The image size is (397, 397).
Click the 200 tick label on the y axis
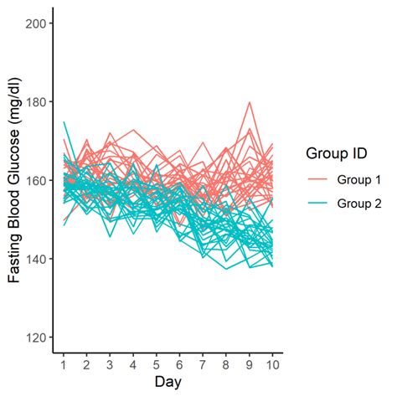pos(36,23)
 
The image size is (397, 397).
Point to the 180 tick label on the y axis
pos(36,102)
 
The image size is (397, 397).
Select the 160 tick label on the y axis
pos(36,180)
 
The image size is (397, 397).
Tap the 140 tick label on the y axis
pos(36,259)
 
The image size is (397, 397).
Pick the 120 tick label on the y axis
pos(36,338)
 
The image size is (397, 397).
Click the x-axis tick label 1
pos(63,366)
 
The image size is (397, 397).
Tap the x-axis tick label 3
pos(110,366)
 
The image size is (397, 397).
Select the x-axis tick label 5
pos(156,366)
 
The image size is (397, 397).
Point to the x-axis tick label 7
pos(203,366)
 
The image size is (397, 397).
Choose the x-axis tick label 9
pos(249,366)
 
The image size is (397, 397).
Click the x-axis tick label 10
pos(272,366)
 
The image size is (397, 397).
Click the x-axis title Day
pos(168,384)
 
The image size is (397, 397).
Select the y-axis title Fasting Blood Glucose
pos(14,180)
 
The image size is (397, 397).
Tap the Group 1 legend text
pos(358,179)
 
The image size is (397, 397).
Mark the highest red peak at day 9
pos(250,102)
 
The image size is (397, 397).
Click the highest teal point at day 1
pos(64,122)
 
